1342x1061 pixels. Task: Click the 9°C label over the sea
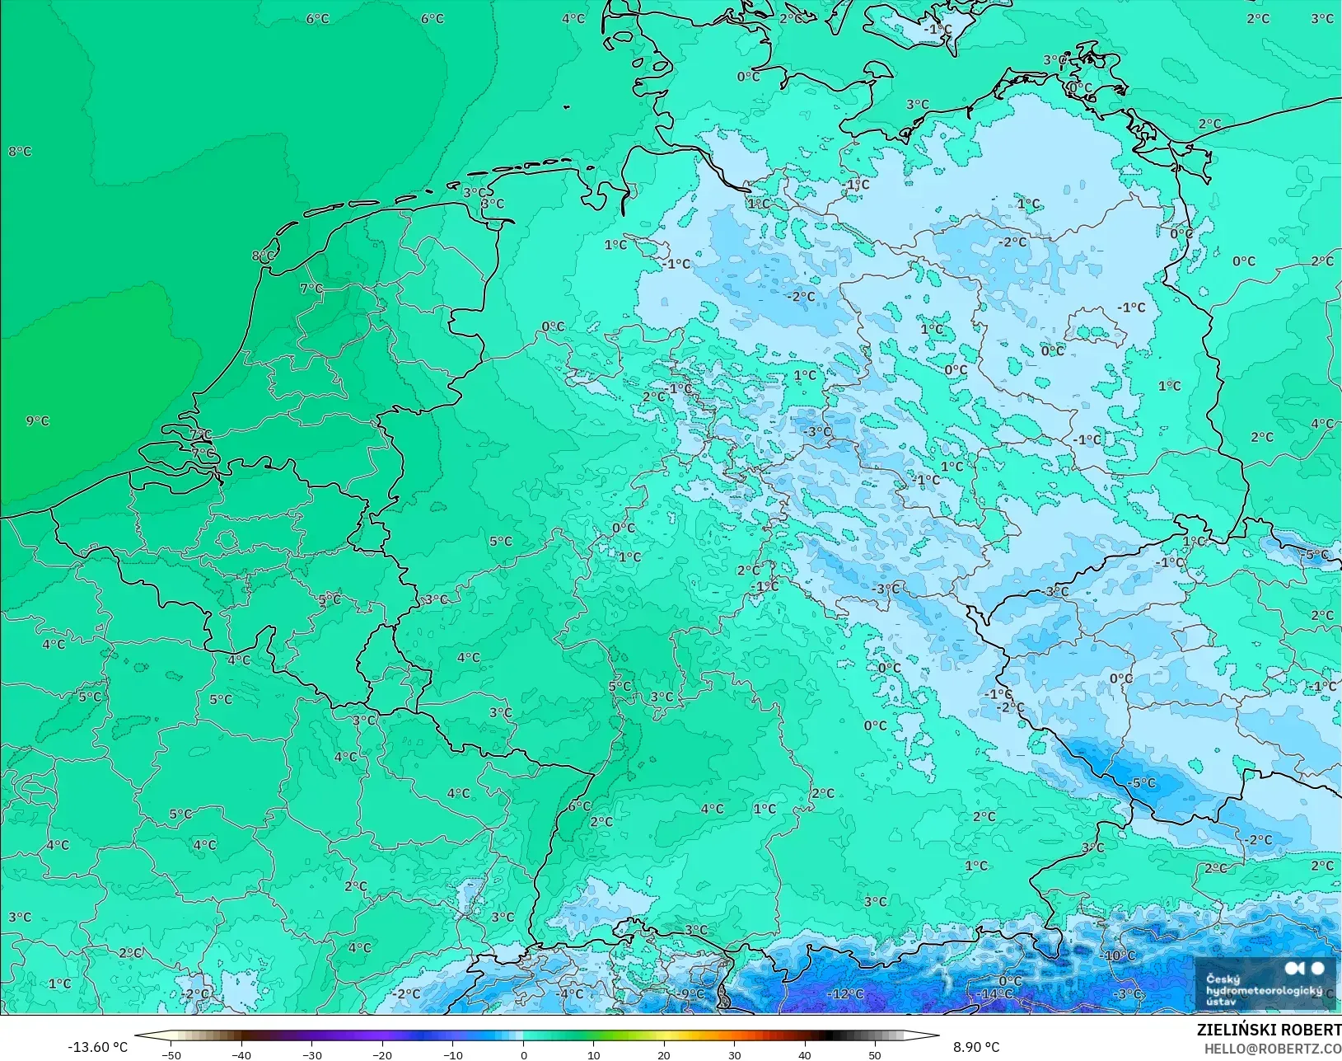point(37,421)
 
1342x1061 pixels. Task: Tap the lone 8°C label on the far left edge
point(20,152)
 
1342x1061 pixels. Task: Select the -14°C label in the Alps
point(995,994)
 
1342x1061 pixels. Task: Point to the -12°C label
point(846,994)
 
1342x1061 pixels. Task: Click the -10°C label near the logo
point(1118,956)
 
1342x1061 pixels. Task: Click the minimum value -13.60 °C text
point(97,1047)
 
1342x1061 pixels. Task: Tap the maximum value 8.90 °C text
point(976,1047)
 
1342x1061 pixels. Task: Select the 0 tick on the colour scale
point(523,1054)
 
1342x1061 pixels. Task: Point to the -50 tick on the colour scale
point(171,1054)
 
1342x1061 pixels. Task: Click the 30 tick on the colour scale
point(734,1054)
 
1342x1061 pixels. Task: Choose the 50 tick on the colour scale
point(874,1054)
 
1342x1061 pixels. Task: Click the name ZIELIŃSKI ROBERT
point(1269,1030)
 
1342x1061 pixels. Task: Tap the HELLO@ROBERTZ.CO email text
point(1273,1049)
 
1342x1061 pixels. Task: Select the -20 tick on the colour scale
point(381,1054)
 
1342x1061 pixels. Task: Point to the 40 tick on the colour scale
point(804,1054)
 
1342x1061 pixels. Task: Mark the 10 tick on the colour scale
point(593,1054)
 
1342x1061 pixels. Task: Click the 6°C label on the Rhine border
point(579,806)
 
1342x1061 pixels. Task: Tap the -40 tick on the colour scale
point(241,1054)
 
